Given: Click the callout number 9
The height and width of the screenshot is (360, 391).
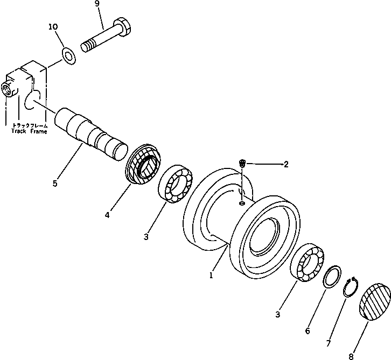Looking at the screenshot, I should coord(97,4).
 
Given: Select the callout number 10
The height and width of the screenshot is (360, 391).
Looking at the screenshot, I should coord(53,26).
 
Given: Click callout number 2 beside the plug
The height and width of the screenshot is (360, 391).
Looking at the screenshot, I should coord(285,165).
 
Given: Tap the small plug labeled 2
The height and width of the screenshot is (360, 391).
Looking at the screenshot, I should coord(243,164).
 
